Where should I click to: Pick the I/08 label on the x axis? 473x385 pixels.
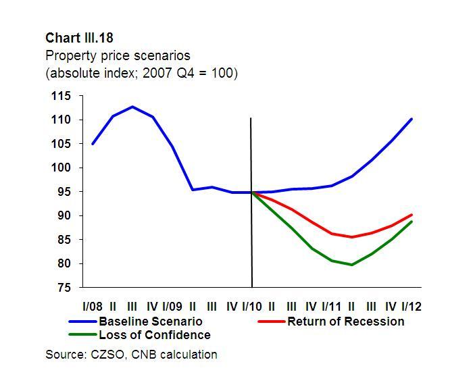pos(92,307)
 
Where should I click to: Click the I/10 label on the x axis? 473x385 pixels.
pos(251,307)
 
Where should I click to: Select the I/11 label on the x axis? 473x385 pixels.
pos(331,307)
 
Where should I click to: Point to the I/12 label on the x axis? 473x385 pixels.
pos(411,307)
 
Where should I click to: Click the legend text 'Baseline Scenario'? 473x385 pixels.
pos(150,321)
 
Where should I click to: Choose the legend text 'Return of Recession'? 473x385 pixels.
pos(345,321)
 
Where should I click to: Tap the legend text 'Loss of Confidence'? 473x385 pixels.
pos(155,334)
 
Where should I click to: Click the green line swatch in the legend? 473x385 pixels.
pos(82,334)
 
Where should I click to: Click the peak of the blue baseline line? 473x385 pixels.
pos(132,107)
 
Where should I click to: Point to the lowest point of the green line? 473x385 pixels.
pos(351,265)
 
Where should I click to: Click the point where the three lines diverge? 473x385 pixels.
pos(252,192)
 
